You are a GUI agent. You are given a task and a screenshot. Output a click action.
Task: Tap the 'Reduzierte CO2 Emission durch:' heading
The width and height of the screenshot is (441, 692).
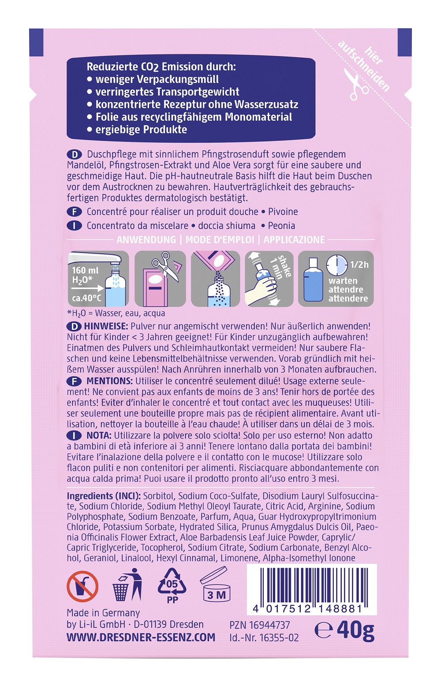pyautogui.click(x=161, y=67)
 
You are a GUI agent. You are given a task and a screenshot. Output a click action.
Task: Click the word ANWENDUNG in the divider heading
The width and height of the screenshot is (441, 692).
pyautogui.click(x=146, y=240)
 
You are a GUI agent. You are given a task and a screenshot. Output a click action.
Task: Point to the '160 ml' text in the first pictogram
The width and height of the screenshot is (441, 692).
pyautogui.click(x=85, y=270)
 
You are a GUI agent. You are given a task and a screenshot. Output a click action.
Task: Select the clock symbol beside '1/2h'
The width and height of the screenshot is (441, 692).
pyautogui.click(x=337, y=264)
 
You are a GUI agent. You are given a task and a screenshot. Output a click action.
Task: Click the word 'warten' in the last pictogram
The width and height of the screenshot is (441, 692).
pyautogui.click(x=343, y=281)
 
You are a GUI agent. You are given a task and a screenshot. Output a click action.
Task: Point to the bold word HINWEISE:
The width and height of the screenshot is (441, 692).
pyautogui.click(x=106, y=326)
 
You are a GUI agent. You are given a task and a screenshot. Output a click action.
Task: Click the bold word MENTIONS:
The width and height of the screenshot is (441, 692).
pyautogui.click(x=109, y=381)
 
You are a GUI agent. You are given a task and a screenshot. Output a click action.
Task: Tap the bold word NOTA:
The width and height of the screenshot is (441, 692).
pyautogui.click(x=99, y=435)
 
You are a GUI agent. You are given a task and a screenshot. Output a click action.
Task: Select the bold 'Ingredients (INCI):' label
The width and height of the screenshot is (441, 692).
pyautogui.click(x=104, y=496)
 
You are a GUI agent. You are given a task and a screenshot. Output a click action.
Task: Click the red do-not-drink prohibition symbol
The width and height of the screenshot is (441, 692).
pyautogui.click(x=82, y=586)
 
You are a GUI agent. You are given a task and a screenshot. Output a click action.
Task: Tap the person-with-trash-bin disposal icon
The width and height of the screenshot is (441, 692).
pyautogui.click(x=127, y=585)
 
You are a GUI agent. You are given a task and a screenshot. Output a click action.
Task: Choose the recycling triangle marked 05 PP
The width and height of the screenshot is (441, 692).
pyautogui.click(x=172, y=585)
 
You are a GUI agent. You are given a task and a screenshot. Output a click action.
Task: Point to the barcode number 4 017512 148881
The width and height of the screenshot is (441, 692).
pyautogui.click(x=307, y=609)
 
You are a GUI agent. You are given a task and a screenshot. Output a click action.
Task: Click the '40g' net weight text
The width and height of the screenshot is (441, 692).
pyautogui.click(x=355, y=630)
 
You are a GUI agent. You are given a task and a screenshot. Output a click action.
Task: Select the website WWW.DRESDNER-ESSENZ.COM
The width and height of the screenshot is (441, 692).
pyautogui.click(x=141, y=637)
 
